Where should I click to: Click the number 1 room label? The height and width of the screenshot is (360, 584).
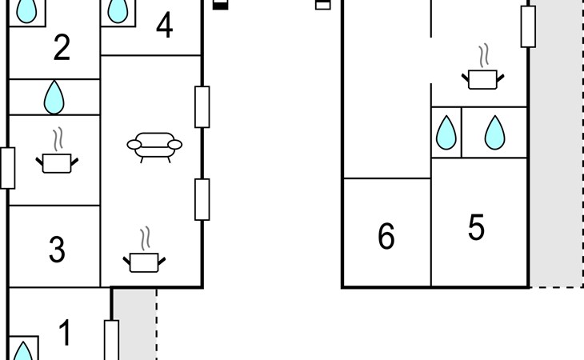coord(65,333)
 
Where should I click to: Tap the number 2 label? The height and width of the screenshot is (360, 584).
coord(62,49)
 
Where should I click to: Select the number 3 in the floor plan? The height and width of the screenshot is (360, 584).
coord(57,250)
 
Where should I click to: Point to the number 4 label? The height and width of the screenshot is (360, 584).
coord(164,27)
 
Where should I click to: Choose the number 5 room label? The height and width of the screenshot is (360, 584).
coord(476,229)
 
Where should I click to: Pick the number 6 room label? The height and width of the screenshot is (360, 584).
coord(386,237)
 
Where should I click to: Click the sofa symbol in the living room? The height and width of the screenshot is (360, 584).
coord(154,146)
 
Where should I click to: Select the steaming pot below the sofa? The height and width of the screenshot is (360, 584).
coord(145,254)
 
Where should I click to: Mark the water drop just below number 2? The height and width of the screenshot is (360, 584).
coord(54,97)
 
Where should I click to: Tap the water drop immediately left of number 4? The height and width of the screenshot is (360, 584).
coord(118,10)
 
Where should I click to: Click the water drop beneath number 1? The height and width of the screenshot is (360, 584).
coord(24,352)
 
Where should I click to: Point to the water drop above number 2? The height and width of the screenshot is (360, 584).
coord(27,10)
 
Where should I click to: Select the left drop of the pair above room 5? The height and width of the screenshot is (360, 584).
coord(446,134)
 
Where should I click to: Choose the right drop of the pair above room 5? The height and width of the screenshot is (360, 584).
coord(495,133)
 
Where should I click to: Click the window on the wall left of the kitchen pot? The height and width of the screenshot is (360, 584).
coord(7,168)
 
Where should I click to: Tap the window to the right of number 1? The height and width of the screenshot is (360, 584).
coord(111,341)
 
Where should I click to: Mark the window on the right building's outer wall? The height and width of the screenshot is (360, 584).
coord(527,26)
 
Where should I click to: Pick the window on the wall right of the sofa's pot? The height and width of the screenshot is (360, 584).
coord(202,199)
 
